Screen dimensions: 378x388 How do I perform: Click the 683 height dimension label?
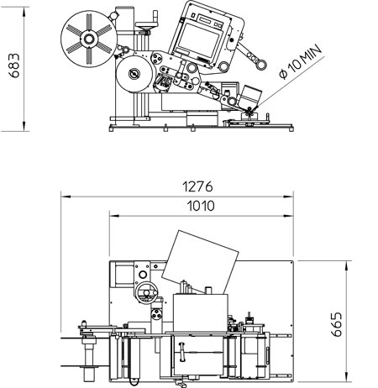pyautogui.click(x=14, y=66)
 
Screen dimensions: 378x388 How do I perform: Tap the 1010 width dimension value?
pyautogui.click(x=201, y=206)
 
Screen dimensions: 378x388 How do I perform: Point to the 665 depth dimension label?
pyautogui.click(x=336, y=324)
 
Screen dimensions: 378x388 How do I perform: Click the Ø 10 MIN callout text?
pyautogui.click(x=301, y=61)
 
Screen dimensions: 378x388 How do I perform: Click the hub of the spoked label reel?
pyautogui.click(x=89, y=39)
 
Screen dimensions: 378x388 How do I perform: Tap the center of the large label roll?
pyautogui.click(x=134, y=74)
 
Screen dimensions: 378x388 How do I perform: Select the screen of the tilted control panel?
pyautogui.click(x=198, y=39)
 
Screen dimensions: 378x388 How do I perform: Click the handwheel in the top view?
pyautogui.click(x=146, y=292)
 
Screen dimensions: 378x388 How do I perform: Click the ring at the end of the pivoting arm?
pyautogui.click(x=261, y=65)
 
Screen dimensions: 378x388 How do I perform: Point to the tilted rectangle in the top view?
pyautogui.click(x=200, y=262)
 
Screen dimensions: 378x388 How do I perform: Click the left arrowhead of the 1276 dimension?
pyautogui.click(x=66, y=197)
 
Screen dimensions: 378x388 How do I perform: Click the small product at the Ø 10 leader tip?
pyautogui.click(x=249, y=113)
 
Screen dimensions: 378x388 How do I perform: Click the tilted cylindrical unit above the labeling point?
pyautogui.click(x=250, y=96)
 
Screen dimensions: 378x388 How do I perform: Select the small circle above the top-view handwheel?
pyautogui.click(x=143, y=275)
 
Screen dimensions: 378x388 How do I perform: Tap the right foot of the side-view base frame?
pyautogui.click(x=291, y=128)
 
